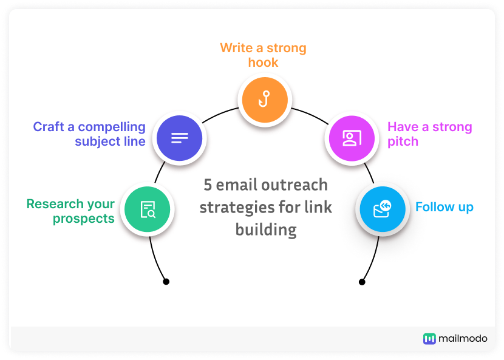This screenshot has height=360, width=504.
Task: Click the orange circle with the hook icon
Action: coord(264,99)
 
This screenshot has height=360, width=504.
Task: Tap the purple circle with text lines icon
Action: coord(179,138)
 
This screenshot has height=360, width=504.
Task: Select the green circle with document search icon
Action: coord(148,209)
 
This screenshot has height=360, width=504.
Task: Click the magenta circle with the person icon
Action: coord(351,138)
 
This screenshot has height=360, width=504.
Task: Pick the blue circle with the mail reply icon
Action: coord(381,209)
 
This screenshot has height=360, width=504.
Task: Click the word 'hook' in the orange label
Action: coord(263,62)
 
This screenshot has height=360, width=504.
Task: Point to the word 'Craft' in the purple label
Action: coord(53,127)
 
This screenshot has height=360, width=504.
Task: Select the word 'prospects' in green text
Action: coord(83,219)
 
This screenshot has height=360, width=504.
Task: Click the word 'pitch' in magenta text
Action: coord(403,141)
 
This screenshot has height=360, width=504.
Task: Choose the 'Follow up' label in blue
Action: coord(444,207)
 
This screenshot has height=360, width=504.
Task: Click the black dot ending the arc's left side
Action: coord(166,282)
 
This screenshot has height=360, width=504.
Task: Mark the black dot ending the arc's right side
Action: coord(362,282)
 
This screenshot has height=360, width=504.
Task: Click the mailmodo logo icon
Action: coord(429,339)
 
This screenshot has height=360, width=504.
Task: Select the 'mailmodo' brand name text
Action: coord(463,339)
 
